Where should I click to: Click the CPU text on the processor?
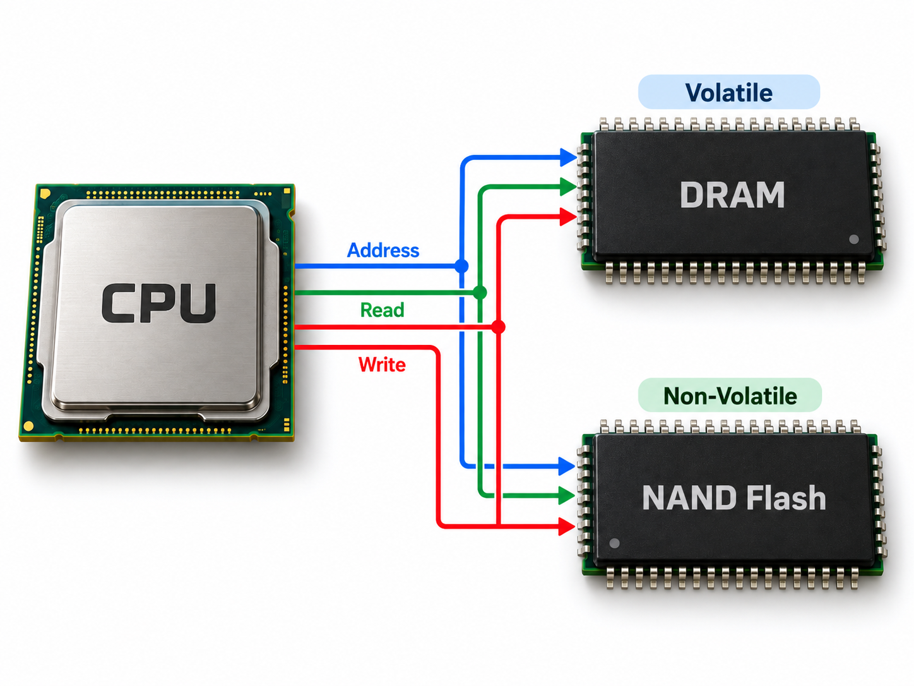pyautogui.click(x=158, y=303)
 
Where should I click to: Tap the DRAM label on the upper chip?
pyautogui.click(x=732, y=195)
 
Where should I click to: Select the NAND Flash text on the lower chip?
pyautogui.click(x=733, y=498)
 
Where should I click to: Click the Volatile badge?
pyautogui.click(x=728, y=92)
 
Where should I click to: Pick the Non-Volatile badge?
pyautogui.click(x=730, y=395)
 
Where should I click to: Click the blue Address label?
pyautogui.click(x=383, y=250)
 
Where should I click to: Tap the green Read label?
pyautogui.click(x=383, y=310)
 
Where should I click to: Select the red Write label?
pyautogui.click(x=382, y=364)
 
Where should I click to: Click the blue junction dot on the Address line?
pyautogui.click(x=461, y=266)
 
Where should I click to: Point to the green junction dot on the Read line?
pyautogui.click(x=480, y=292)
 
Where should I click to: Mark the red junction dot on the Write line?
pyautogui.click(x=498, y=327)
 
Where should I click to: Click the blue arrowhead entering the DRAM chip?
pyautogui.click(x=568, y=157)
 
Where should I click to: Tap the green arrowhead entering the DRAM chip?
pyautogui.click(x=568, y=186)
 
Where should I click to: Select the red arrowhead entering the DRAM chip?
pyautogui.click(x=568, y=217)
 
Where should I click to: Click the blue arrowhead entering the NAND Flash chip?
pyautogui.click(x=567, y=466)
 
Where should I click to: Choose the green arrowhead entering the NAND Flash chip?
pyautogui.click(x=567, y=496)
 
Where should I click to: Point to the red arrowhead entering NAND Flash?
pyautogui.click(x=567, y=526)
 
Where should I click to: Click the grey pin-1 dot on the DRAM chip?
pyautogui.click(x=853, y=239)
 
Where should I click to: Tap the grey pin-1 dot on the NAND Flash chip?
pyautogui.click(x=614, y=543)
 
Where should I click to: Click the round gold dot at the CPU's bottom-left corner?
pyautogui.click(x=28, y=426)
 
